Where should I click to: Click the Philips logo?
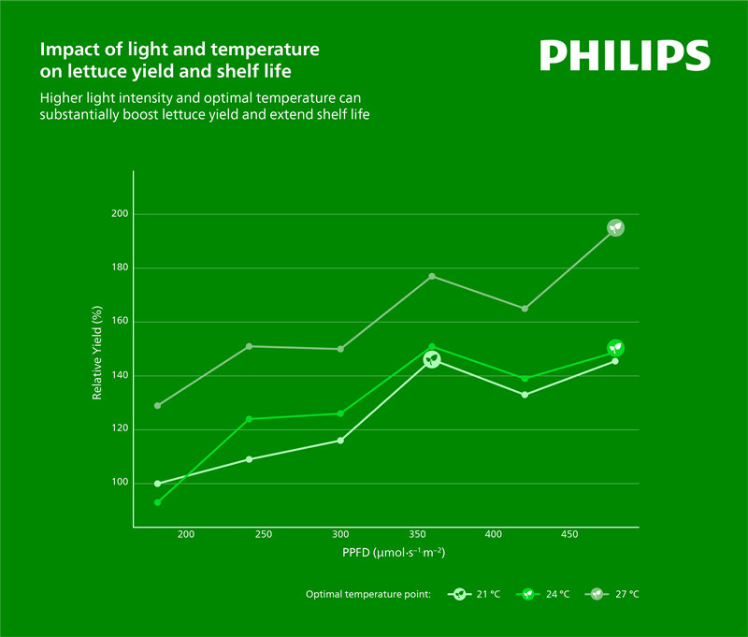point(625,55)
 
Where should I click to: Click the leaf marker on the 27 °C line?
point(615,227)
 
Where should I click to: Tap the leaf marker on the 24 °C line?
point(615,348)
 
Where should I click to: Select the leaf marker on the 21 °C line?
point(432,359)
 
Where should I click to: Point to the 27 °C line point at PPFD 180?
point(158,406)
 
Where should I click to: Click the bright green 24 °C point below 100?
point(158,502)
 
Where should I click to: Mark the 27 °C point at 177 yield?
point(432,276)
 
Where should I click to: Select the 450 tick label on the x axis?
point(568,535)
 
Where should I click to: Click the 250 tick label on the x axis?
point(263,535)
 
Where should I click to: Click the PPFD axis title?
point(393,554)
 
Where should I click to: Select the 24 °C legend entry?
point(545,594)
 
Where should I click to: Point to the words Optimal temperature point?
point(367,594)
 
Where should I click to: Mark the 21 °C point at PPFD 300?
point(340,441)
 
